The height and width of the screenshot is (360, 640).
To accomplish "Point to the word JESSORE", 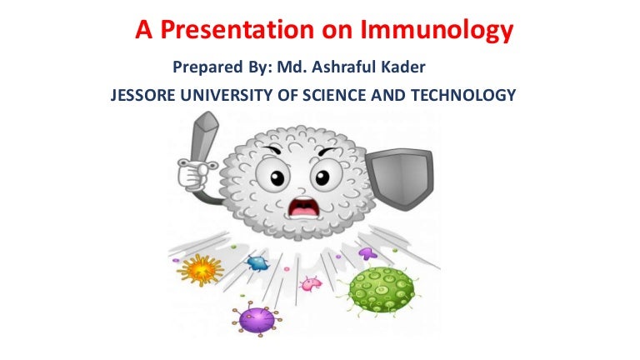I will (142, 96).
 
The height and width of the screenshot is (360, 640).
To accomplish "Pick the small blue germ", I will (257, 263).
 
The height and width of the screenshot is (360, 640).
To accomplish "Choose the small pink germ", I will (311, 283).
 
